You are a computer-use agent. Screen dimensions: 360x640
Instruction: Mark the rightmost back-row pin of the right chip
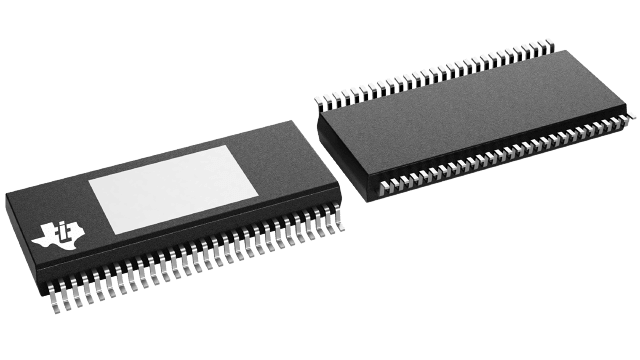point(549,43)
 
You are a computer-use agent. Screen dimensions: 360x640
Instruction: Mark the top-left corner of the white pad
point(88,182)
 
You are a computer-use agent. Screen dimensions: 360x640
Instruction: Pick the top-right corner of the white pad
point(229,145)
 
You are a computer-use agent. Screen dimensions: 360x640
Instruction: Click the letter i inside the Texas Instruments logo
point(62,233)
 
